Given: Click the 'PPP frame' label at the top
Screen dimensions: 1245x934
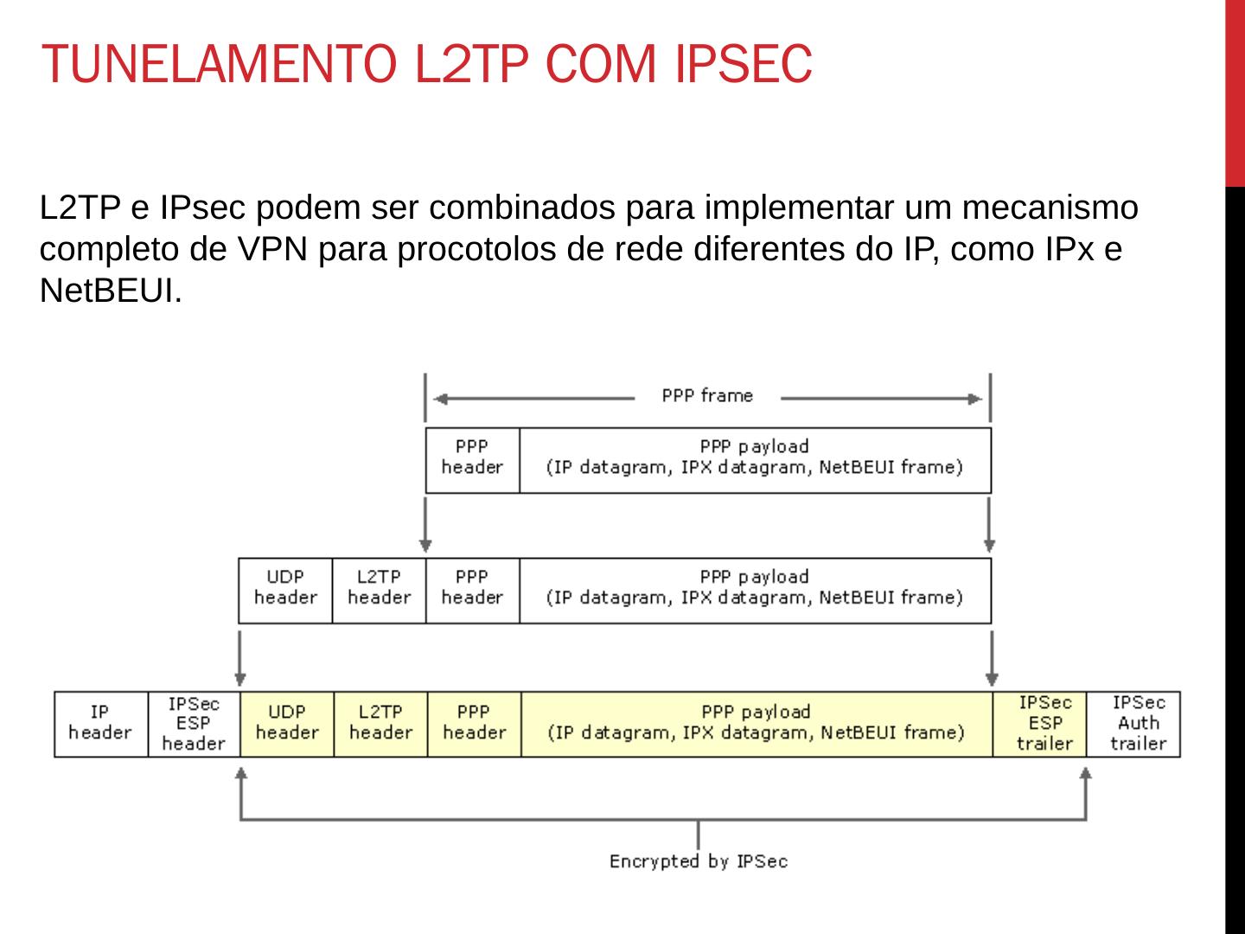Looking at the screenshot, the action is click(707, 396).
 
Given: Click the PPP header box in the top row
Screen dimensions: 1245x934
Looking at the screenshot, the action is click(472, 457).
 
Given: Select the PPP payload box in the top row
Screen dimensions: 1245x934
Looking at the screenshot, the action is click(755, 457).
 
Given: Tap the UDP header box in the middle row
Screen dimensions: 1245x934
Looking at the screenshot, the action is click(285, 588).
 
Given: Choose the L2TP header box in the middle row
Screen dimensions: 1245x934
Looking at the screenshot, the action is click(379, 588).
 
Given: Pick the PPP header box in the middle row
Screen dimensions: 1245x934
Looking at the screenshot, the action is click(472, 588).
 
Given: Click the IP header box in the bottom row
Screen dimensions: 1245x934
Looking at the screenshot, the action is click(100, 723).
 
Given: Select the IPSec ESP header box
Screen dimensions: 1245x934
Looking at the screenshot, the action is click(194, 723).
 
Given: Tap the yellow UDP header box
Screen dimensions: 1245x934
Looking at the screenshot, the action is click(287, 723).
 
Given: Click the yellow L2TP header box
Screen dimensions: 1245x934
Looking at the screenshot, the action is click(380, 723).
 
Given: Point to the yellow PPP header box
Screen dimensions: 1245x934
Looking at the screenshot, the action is click(474, 723).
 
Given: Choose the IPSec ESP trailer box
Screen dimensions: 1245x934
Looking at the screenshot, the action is click(1044, 723).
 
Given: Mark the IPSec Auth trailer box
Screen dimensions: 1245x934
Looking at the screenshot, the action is click(1138, 723).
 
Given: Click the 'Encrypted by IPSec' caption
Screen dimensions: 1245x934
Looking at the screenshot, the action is click(699, 861).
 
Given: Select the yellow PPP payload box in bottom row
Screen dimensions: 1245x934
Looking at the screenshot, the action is click(757, 723).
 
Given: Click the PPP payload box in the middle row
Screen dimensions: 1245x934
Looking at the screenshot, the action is click(755, 588).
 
